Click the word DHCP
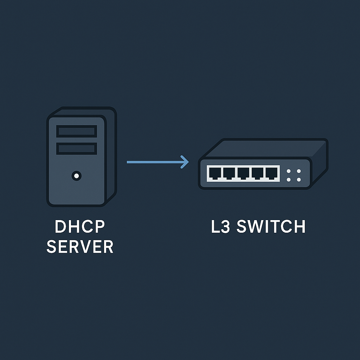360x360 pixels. point(80,227)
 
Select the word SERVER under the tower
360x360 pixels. point(80,247)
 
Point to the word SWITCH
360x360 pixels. point(271,227)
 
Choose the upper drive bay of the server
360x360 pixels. point(77,131)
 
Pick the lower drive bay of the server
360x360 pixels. point(77,148)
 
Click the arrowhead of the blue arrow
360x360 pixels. point(185,162)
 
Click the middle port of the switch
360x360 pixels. point(243,173)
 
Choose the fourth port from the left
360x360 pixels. point(257,173)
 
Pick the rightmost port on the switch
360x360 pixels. point(271,173)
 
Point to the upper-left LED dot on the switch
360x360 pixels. point(289,171)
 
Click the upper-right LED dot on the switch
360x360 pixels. point(299,171)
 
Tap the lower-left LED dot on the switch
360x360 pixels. point(289,180)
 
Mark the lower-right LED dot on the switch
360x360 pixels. point(299,180)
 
